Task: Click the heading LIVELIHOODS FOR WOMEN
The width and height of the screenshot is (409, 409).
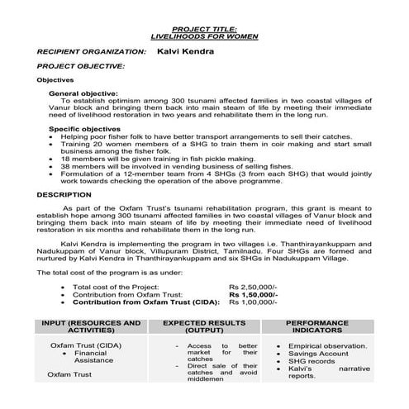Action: point(203,37)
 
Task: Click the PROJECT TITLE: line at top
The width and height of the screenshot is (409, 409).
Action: point(203,29)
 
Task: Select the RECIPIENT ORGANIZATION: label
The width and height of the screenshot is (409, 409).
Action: point(92,51)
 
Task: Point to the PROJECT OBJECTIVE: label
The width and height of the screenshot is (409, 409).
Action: point(81,64)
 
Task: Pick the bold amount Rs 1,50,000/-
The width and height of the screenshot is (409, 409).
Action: point(254,294)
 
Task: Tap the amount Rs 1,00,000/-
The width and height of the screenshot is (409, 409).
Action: point(254,303)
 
